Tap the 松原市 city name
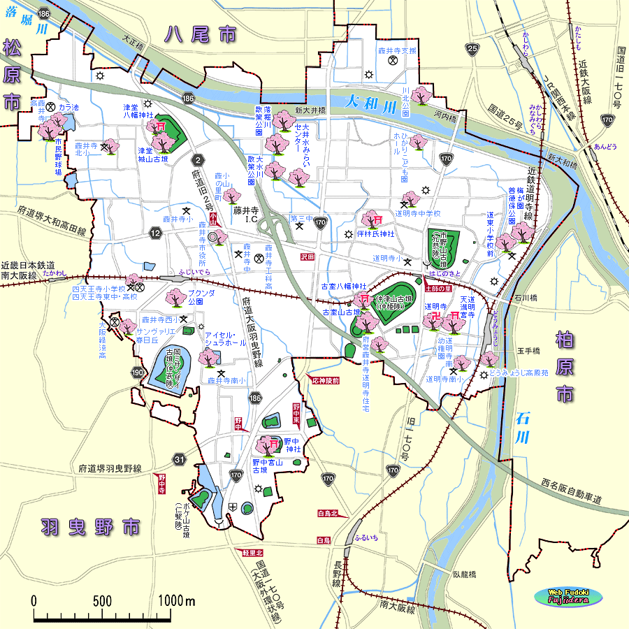(12, 74)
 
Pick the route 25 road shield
(472, 48)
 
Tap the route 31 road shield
(180, 459)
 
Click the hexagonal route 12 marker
(154, 232)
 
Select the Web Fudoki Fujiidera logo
(568, 596)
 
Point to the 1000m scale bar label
(176, 601)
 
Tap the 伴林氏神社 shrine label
(376, 233)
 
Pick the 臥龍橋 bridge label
(463, 574)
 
